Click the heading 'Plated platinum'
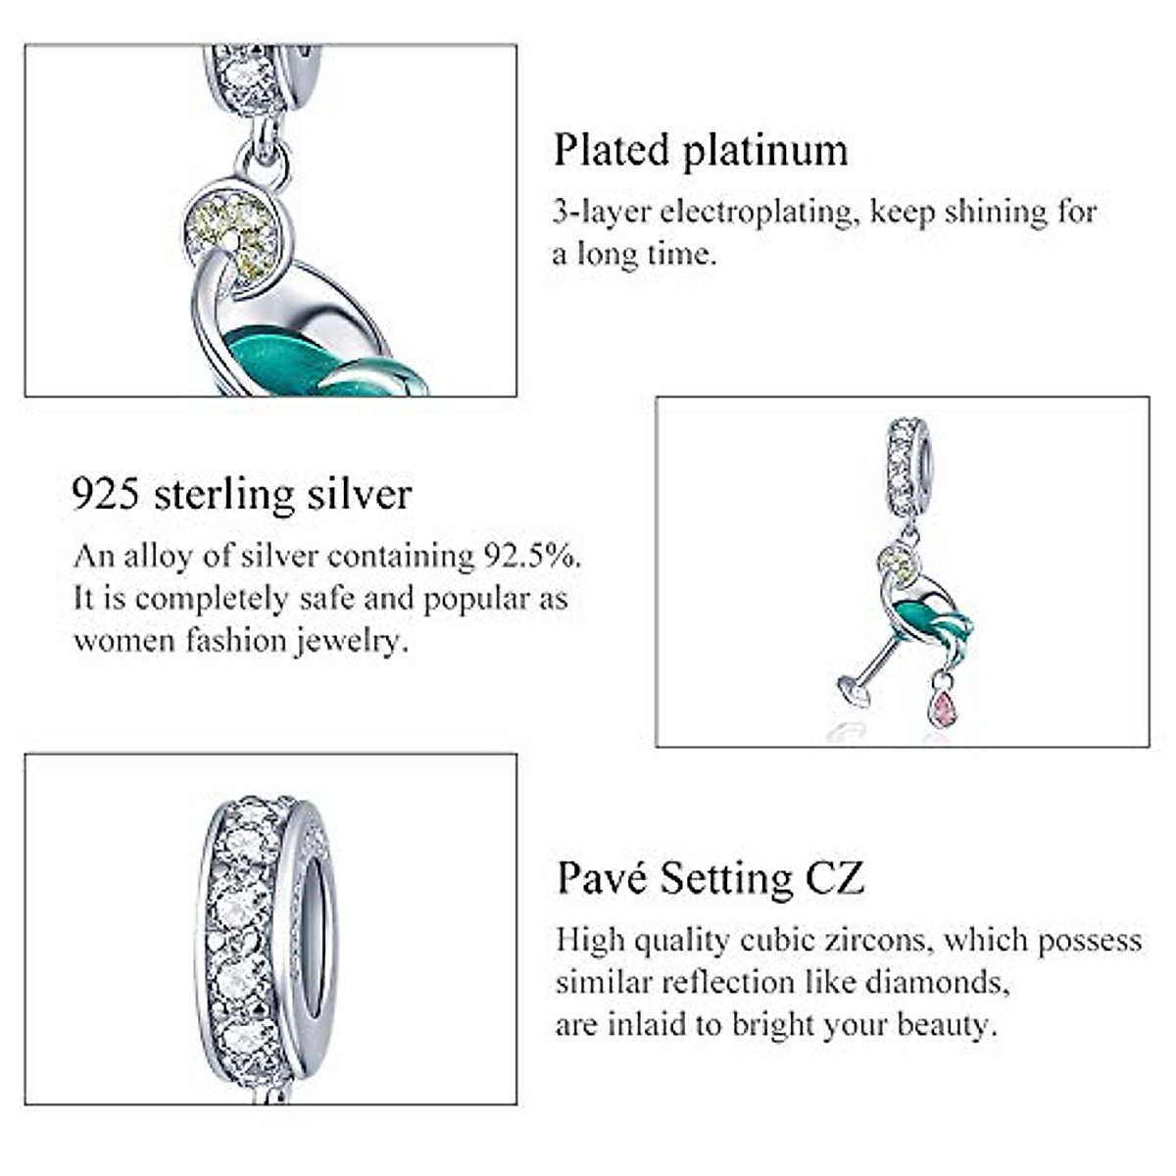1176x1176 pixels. [701, 151]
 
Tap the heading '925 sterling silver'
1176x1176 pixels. [241, 494]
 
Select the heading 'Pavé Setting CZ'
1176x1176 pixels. [710, 877]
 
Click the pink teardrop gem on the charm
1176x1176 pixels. [943, 706]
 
